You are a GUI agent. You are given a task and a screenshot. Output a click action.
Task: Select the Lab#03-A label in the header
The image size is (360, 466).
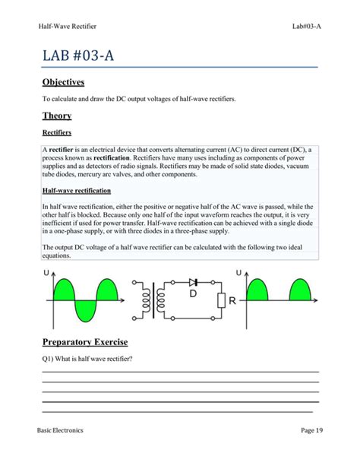coord(308,27)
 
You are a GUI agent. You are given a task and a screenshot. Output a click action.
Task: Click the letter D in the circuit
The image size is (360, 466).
coord(193,293)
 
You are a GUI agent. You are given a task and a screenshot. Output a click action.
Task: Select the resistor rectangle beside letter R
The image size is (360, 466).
coord(220,301)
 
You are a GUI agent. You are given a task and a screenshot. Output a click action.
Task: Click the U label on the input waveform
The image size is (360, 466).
coord(46,273)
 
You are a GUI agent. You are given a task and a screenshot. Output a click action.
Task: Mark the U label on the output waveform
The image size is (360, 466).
coord(239,272)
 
